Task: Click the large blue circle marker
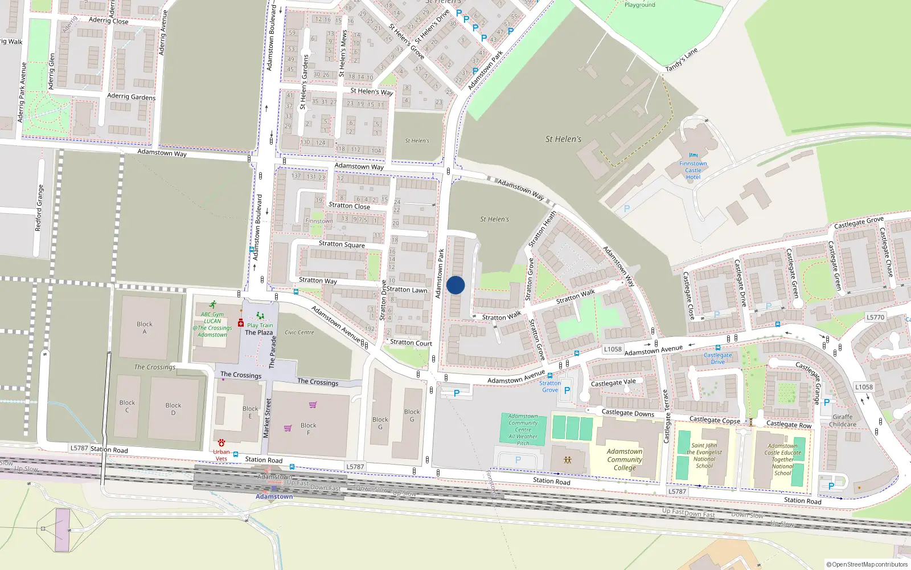point(455,285)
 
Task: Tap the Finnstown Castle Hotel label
point(693,170)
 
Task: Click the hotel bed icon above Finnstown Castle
point(693,155)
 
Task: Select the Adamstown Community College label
point(625,459)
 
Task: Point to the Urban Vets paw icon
point(221,443)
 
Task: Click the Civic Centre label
point(299,332)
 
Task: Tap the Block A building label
point(145,328)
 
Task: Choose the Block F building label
point(309,429)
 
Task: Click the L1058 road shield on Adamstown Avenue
point(613,349)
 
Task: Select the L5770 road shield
point(876,317)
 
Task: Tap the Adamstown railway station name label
point(274,496)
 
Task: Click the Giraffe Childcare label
point(843,421)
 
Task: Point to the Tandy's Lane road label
point(682,60)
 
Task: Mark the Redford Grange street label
point(39,208)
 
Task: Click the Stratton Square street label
point(342,244)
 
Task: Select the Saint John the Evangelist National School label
point(704,455)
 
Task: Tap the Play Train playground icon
point(260,316)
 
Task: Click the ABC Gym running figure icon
point(212,305)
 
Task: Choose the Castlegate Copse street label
point(715,420)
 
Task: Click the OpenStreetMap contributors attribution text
point(867,564)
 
